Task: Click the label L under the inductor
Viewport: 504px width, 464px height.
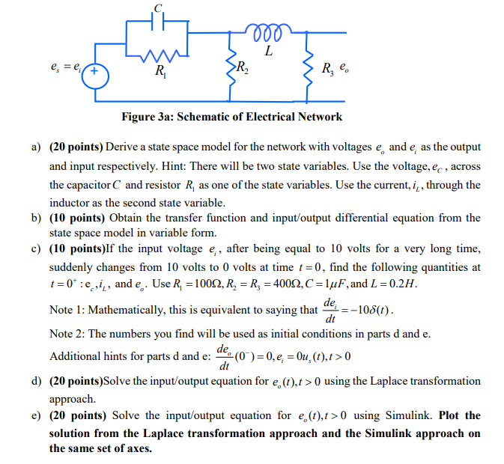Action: [x=267, y=52]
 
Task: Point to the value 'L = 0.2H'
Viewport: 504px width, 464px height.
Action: [x=389, y=286]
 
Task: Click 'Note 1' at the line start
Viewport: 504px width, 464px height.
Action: [x=67, y=309]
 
